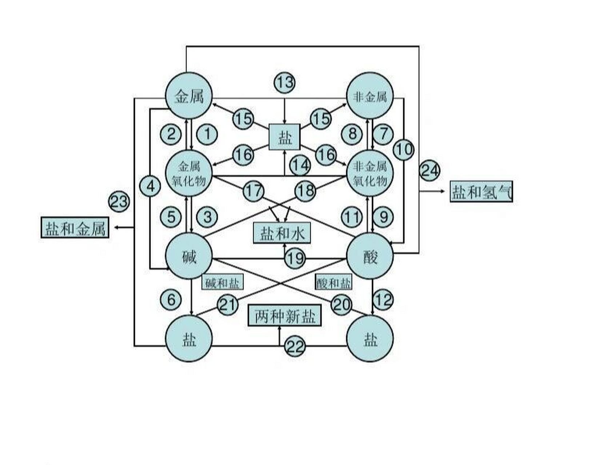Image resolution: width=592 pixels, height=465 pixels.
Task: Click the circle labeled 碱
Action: [189, 256]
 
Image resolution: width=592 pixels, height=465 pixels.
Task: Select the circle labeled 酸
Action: [370, 256]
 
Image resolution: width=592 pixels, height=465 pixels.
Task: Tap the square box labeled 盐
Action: [284, 137]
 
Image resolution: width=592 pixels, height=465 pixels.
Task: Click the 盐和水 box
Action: [282, 233]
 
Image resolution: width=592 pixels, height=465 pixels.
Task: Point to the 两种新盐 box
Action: [284, 316]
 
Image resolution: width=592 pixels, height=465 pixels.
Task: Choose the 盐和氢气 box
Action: [481, 191]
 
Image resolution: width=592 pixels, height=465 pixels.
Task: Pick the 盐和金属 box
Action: [75, 228]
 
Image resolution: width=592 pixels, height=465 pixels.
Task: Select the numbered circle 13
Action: [284, 82]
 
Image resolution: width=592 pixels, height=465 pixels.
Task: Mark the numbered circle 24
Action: [429, 171]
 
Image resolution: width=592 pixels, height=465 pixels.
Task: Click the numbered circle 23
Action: [119, 201]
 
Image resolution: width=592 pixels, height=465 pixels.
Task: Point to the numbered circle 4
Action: [150, 186]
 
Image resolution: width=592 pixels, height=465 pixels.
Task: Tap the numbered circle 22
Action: [295, 347]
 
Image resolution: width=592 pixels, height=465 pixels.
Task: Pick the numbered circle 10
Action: [403, 149]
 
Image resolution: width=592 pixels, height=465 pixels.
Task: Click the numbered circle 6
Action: [171, 300]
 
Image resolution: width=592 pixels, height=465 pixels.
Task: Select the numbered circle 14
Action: [300, 166]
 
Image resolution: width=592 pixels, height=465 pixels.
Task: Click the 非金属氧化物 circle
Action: [370, 174]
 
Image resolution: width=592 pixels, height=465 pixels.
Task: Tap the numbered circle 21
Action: [228, 304]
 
